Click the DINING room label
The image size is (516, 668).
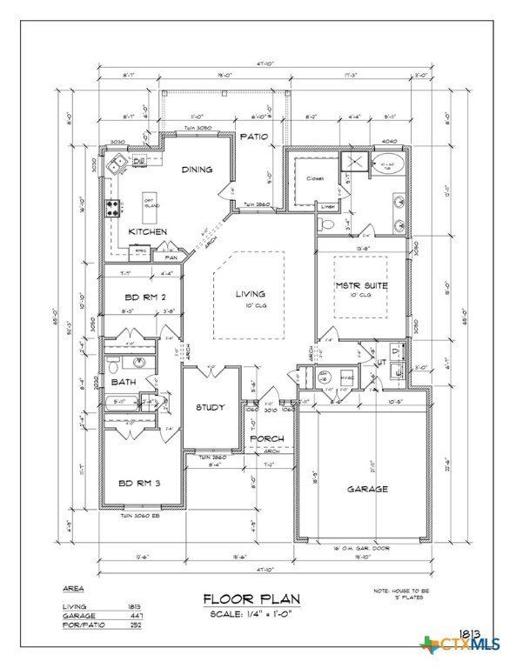[x=197, y=170]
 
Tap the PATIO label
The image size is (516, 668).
[x=253, y=137]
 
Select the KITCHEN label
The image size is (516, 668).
[x=148, y=232]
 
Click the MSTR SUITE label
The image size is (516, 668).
[x=361, y=285]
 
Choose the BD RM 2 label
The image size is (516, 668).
[x=133, y=296]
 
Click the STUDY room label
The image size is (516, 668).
[x=211, y=407]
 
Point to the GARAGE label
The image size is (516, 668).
[x=367, y=489]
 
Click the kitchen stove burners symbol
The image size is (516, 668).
[x=112, y=208]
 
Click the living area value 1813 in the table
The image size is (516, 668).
[x=133, y=605]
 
